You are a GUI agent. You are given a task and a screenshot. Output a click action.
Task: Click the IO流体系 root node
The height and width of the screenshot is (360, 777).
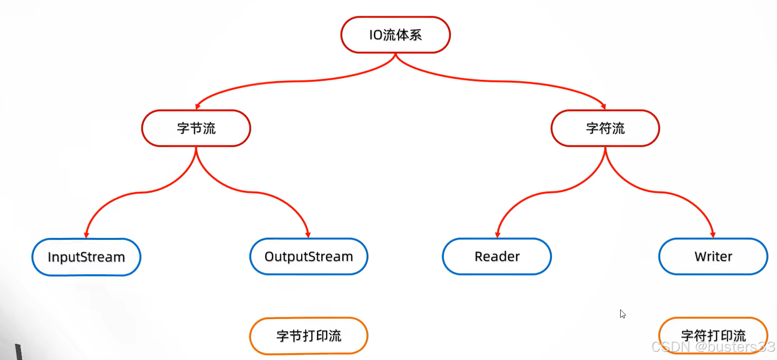pos(396,35)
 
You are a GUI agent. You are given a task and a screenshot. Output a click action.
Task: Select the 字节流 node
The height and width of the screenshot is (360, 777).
pos(196,128)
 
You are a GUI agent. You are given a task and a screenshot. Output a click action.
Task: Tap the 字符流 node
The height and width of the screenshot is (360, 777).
pos(605,128)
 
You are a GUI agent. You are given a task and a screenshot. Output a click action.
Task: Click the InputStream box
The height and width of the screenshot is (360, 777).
pos(86,257)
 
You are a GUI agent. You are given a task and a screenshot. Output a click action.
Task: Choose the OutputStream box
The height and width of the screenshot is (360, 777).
pos(308,257)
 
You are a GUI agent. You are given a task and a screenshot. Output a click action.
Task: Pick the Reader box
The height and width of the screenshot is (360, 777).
pos(497,257)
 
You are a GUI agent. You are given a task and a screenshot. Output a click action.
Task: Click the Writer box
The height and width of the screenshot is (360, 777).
pos(713,257)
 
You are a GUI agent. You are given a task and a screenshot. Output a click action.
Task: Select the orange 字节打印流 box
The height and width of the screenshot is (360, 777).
pos(308,336)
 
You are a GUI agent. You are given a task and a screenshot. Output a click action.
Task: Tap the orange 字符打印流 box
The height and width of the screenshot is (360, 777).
pos(713,335)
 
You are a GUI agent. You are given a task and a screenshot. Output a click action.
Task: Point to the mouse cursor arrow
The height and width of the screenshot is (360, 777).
pos(622,313)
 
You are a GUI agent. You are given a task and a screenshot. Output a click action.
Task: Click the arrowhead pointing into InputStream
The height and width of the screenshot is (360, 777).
pos(86,235)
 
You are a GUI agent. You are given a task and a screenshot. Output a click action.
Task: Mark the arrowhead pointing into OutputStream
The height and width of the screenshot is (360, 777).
pos(308,234)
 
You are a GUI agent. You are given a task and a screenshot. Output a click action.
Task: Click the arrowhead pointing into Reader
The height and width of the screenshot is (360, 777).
pos(497,234)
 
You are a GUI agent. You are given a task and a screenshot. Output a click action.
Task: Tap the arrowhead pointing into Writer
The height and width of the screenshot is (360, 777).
pos(713,234)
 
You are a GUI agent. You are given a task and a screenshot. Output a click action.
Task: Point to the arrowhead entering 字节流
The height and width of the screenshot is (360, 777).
pos(198,106)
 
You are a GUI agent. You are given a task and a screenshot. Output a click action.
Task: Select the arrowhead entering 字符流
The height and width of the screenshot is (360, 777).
pos(603,106)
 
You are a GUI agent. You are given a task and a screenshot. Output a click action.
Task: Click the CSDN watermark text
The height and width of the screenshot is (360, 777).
pos(713,347)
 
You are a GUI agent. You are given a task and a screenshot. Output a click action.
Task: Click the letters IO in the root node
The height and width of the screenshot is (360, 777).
pos(376,35)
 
